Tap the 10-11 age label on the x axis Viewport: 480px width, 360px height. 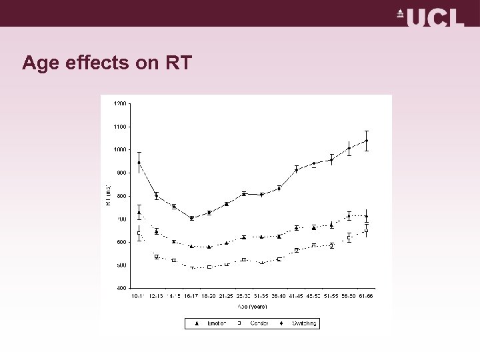tap(139, 295)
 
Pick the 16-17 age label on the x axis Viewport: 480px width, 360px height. tap(191, 295)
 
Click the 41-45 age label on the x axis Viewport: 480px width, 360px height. tap(296, 295)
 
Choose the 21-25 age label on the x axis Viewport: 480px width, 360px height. tap(226, 295)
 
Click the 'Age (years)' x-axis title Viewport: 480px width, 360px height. tap(252, 307)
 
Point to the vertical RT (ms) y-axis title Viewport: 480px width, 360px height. tap(109, 195)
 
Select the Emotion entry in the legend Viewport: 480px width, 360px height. tap(211, 323)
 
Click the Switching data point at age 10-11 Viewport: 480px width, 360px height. tap(139, 163)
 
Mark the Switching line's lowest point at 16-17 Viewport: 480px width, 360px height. tap(191, 219)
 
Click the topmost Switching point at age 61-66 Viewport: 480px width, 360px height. tap(366, 141)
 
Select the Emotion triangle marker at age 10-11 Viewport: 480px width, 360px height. tap(139, 213)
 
